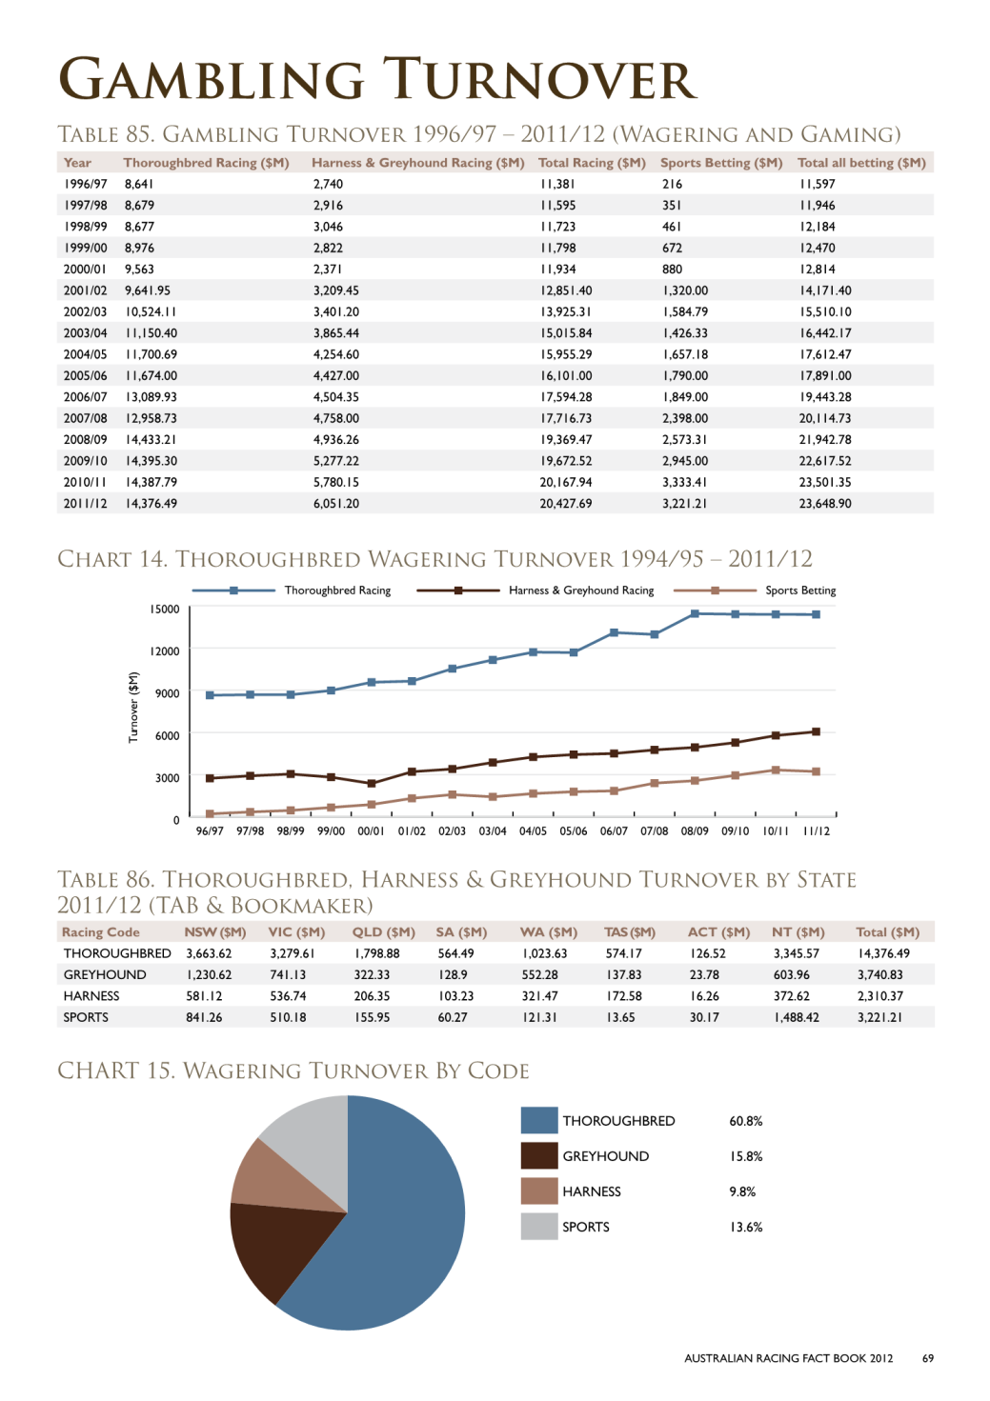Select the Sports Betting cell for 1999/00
(x=672, y=249)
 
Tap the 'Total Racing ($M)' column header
(x=592, y=163)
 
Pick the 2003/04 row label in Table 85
(x=85, y=333)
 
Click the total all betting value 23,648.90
(x=825, y=504)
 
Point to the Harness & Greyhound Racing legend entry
(x=535, y=590)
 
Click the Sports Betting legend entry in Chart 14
(x=755, y=590)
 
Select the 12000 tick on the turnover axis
(x=164, y=651)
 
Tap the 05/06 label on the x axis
(x=574, y=831)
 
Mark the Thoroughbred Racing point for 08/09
(x=695, y=613)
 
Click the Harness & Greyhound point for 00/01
(x=371, y=783)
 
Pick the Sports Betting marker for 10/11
(x=776, y=770)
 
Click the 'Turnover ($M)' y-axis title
(x=132, y=708)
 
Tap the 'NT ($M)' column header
(x=798, y=932)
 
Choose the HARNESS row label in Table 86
(x=91, y=996)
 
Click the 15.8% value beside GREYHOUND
(x=746, y=1156)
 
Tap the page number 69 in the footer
(x=928, y=1358)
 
